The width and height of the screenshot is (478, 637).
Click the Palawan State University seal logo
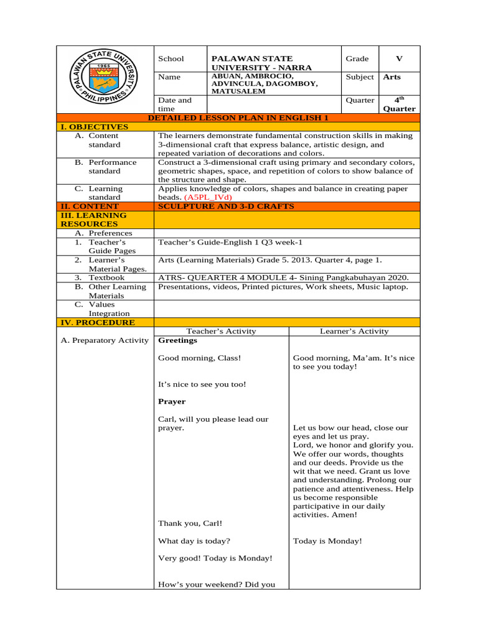point(105,80)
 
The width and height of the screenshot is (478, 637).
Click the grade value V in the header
point(399,58)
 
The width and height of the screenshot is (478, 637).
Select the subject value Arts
point(392,77)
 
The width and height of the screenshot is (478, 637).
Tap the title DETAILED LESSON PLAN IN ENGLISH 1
point(238,118)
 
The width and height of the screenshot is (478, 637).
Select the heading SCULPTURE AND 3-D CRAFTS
point(226,206)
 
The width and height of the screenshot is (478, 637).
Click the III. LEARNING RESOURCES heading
point(93,220)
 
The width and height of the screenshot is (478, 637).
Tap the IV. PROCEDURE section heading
point(96,322)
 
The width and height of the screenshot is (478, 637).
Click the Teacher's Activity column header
point(221,332)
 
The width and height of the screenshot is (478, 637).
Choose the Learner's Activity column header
point(354,332)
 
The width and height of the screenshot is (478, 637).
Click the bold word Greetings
point(177,340)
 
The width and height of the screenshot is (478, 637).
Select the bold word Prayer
point(172,401)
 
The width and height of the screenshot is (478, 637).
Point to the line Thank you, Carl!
point(190,523)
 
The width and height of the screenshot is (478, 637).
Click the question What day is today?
point(194,541)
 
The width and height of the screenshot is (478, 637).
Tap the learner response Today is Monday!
point(327,541)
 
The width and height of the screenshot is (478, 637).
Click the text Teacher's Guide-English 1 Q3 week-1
point(230,242)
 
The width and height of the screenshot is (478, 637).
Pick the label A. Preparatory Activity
point(105,340)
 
